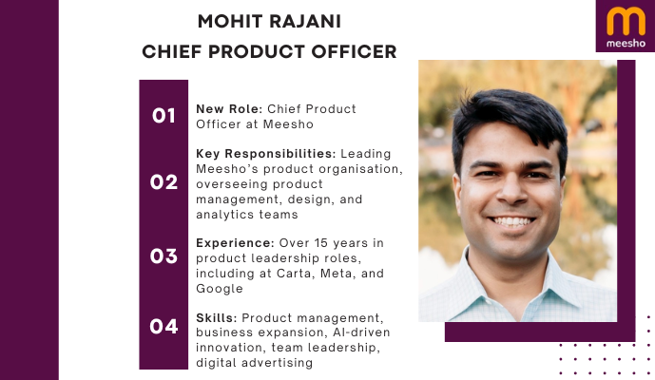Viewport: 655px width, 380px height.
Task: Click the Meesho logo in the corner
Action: pos(625,27)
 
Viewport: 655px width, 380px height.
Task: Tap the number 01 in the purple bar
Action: pos(164,116)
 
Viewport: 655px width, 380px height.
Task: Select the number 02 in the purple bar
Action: pos(164,181)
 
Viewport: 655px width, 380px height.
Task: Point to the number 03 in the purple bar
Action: pos(164,256)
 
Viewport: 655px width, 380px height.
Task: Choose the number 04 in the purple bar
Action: pos(164,327)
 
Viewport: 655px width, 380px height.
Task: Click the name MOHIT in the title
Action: pos(228,21)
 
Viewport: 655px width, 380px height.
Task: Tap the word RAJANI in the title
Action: pos(305,21)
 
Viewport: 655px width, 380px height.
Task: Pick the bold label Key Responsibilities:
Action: pos(264,153)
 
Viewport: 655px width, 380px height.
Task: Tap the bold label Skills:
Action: pos(218,314)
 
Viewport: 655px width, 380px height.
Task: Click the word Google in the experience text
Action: pos(220,289)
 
